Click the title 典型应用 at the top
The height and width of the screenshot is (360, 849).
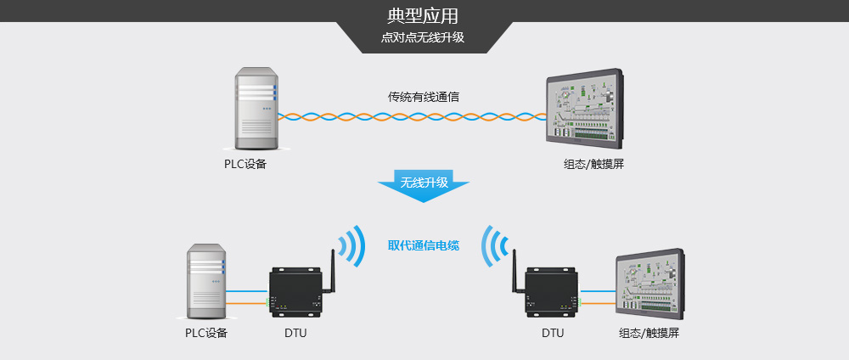pos(424,16)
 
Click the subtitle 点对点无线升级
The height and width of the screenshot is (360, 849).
pos(424,38)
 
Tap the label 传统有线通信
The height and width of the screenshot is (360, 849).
pos(424,97)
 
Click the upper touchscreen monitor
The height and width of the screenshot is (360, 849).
pos(591,109)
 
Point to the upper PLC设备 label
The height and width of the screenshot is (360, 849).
pos(245,164)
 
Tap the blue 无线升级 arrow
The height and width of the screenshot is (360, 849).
pos(424,185)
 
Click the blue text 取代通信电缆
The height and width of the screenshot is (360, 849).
pos(424,245)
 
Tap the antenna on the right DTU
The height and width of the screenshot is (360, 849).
pos(515,259)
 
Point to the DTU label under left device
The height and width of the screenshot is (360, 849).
pos(295,333)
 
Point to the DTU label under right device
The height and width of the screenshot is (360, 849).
pos(553,333)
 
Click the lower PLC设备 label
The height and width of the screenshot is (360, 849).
pos(206,333)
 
